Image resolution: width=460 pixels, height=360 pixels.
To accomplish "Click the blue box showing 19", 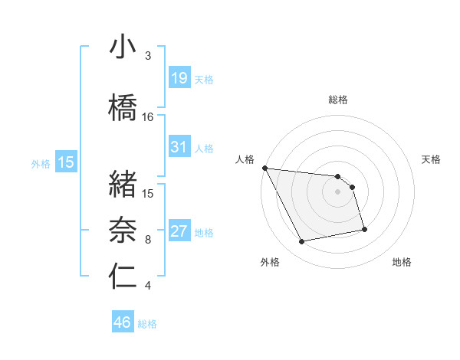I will coord(179,77).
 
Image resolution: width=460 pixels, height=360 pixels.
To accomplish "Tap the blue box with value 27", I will coord(179,231).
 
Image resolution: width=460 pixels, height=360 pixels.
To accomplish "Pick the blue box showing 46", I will coord(123,322).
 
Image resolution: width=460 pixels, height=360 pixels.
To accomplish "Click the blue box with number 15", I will coord(65,162).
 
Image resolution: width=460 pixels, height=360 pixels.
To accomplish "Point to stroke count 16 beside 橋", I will coord(148,117).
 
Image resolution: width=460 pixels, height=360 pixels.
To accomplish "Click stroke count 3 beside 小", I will coord(148,56).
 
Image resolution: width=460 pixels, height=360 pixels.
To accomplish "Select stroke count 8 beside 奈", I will coord(148,240).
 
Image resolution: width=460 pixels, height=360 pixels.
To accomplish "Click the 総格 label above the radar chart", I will coord(338,100).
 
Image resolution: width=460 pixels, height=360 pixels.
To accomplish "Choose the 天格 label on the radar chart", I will coord(432,159).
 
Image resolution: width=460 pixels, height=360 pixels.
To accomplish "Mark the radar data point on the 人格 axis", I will coord(264,168).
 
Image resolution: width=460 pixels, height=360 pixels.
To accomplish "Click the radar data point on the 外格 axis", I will coord(302,242).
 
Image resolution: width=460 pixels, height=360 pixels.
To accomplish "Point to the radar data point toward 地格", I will coord(364,228).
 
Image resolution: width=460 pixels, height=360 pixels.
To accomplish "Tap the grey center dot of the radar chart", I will coord(338,191).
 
